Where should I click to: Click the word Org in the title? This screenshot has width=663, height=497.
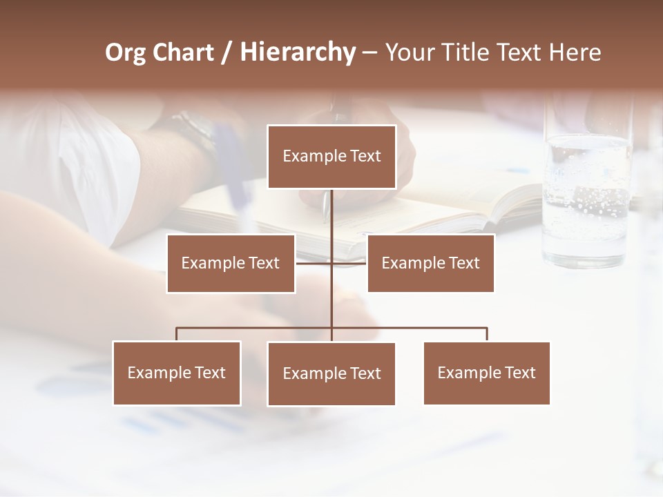coord(125,52)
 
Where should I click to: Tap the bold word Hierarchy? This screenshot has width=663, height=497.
coord(297,52)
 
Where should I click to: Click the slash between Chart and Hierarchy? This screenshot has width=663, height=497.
coord(226,52)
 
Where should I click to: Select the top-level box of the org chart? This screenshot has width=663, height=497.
coord(331,157)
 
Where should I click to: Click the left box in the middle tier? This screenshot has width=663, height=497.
coord(231,263)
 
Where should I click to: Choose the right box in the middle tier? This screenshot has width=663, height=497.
coord(430,263)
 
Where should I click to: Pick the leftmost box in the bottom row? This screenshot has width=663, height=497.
coord(177,373)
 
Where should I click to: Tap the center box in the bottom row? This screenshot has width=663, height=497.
coord(331,373)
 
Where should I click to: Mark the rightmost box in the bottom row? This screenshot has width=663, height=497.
coord(487,373)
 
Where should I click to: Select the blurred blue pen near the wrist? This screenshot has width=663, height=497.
coord(235,173)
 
